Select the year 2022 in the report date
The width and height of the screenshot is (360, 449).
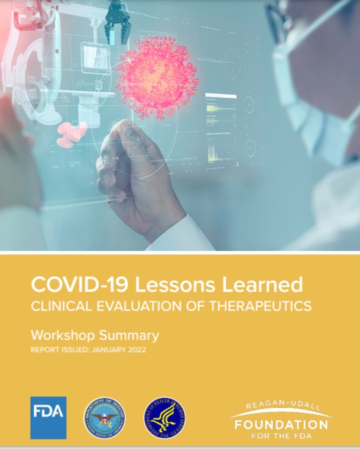[x=135, y=350]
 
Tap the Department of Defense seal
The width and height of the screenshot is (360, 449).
[x=104, y=418]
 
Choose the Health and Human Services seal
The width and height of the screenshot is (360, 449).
[x=166, y=418]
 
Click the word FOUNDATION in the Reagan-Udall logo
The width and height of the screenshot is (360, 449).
[x=281, y=425]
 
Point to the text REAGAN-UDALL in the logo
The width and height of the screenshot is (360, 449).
[x=280, y=407]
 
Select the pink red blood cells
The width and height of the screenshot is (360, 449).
[x=71, y=134]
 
